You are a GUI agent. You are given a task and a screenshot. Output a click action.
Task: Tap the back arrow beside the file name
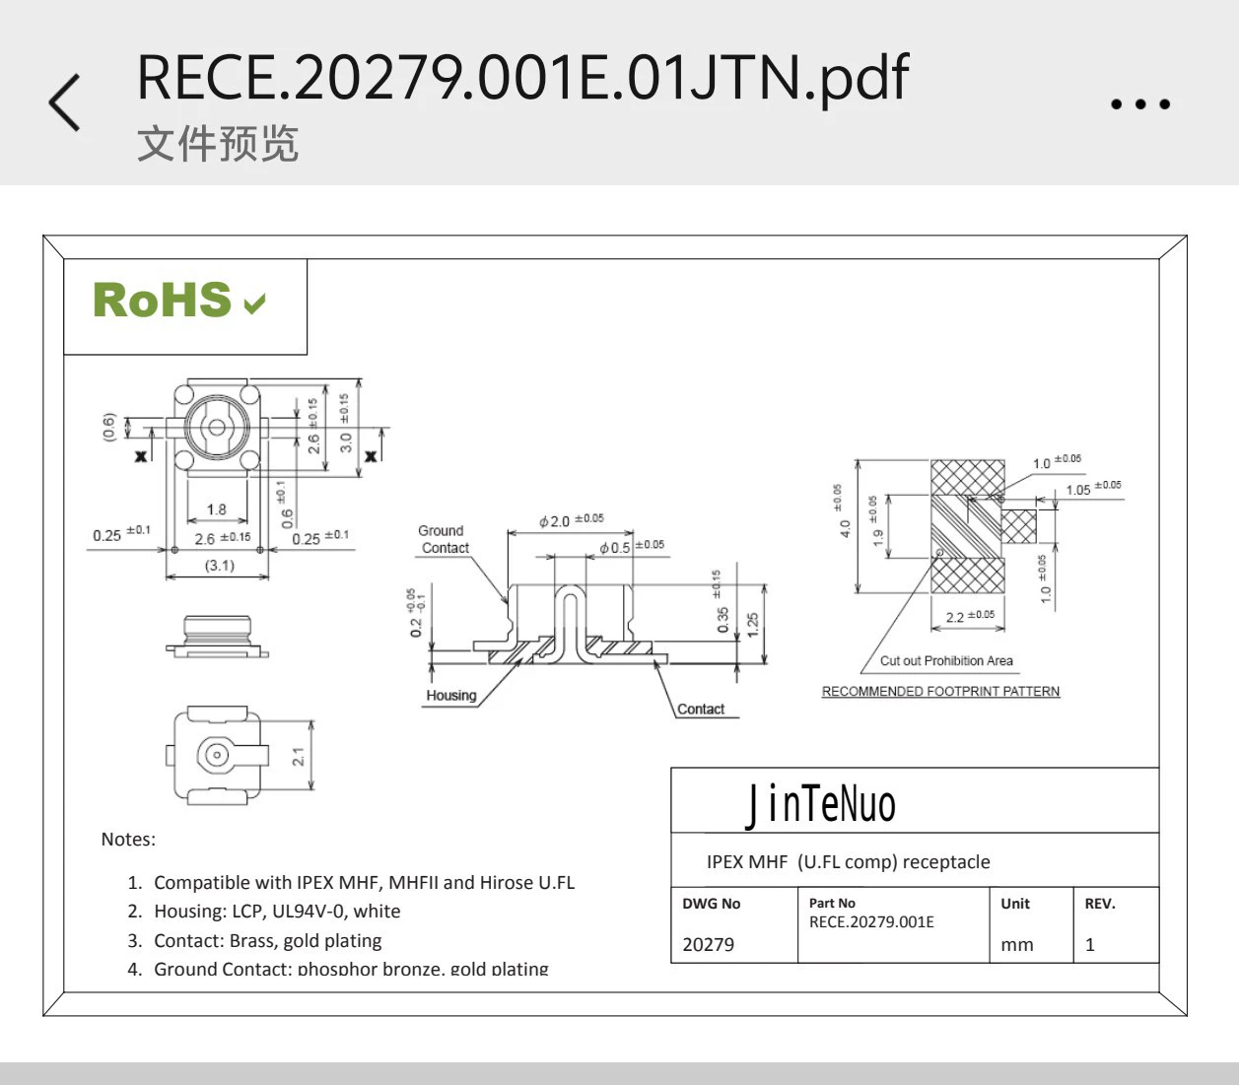pos(65,102)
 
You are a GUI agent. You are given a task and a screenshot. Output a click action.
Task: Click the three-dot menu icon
pos(1140,103)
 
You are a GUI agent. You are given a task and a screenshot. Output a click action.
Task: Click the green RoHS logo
pos(178,301)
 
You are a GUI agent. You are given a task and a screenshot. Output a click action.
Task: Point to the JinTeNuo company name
pos(820,804)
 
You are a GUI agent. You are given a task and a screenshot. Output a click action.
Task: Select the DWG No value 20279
pos(708,944)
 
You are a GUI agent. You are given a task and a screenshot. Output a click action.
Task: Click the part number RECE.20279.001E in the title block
pos(871,922)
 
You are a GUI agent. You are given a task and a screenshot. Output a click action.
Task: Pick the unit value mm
pos(1017,944)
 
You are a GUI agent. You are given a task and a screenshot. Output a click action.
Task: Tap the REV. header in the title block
pos(1100,904)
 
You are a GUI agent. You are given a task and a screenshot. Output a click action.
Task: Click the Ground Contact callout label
pos(443,539)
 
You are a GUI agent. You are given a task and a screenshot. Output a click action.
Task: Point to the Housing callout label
pos(451,696)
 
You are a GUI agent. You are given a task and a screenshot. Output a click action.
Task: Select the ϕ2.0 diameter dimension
pos(555,521)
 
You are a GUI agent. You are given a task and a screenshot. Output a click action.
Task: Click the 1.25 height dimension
pos(753,624)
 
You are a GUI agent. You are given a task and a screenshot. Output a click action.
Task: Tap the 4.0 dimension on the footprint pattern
pos(845,528)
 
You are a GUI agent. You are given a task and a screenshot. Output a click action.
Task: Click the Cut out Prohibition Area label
pos(946,661)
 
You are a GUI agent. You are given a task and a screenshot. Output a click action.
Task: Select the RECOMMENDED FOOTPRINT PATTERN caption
pos(940,692)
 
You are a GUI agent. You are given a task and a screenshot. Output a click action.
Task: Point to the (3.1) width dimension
pos(219,566)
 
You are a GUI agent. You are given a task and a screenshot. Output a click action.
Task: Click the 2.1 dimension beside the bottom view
pos(298,756)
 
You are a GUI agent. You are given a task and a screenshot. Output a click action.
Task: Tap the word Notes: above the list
pos(128,840)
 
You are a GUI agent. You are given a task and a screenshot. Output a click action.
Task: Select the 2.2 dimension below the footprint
pos(955,618)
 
